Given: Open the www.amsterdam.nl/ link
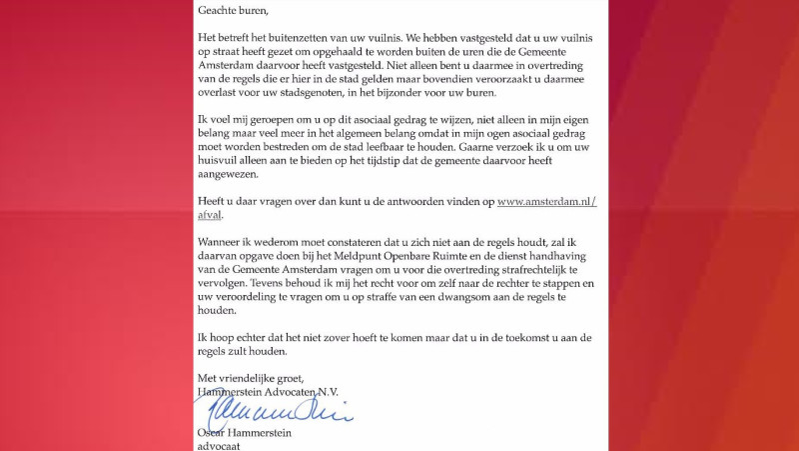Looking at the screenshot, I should pos(546,201).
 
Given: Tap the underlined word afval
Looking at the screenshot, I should pos(210,215).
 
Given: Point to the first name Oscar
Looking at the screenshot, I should pos(214,432).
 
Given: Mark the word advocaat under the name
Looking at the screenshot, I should pos(221,445).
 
